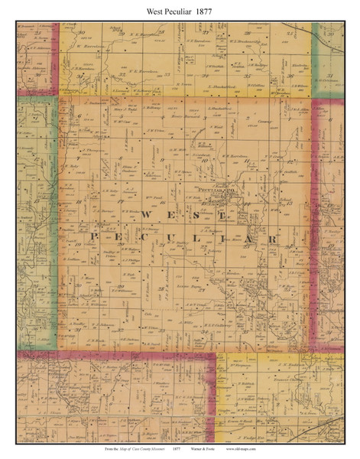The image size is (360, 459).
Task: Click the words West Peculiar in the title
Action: [164, 10]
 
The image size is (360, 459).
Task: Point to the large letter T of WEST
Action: [222, 216]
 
